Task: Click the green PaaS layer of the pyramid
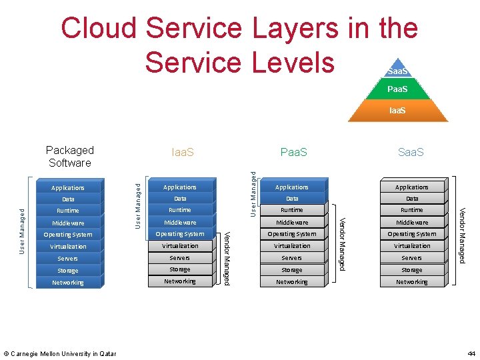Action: point(397,89)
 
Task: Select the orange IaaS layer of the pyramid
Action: point(397,110)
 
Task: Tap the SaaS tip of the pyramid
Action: point(397,71)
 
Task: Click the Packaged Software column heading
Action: point(70,157)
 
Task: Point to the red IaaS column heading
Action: point(183,153)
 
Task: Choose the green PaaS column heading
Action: point(294,153)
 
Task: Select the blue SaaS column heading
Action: point(411,153)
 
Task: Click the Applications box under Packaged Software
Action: point(68,188)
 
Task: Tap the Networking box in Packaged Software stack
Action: point(68,283)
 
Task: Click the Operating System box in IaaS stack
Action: point(180,234)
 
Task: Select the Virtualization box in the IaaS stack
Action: point(180,246)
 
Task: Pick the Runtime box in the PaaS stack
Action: point(292,210)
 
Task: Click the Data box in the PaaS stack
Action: point(292,199)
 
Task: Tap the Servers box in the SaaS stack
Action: point(411,258)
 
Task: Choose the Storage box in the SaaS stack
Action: point(411,270)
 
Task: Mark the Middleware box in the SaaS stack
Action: point(411,222)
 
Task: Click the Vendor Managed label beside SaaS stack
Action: point(462,235)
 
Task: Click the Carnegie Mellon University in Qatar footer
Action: point(60,353)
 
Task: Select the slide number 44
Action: point(471,353)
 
